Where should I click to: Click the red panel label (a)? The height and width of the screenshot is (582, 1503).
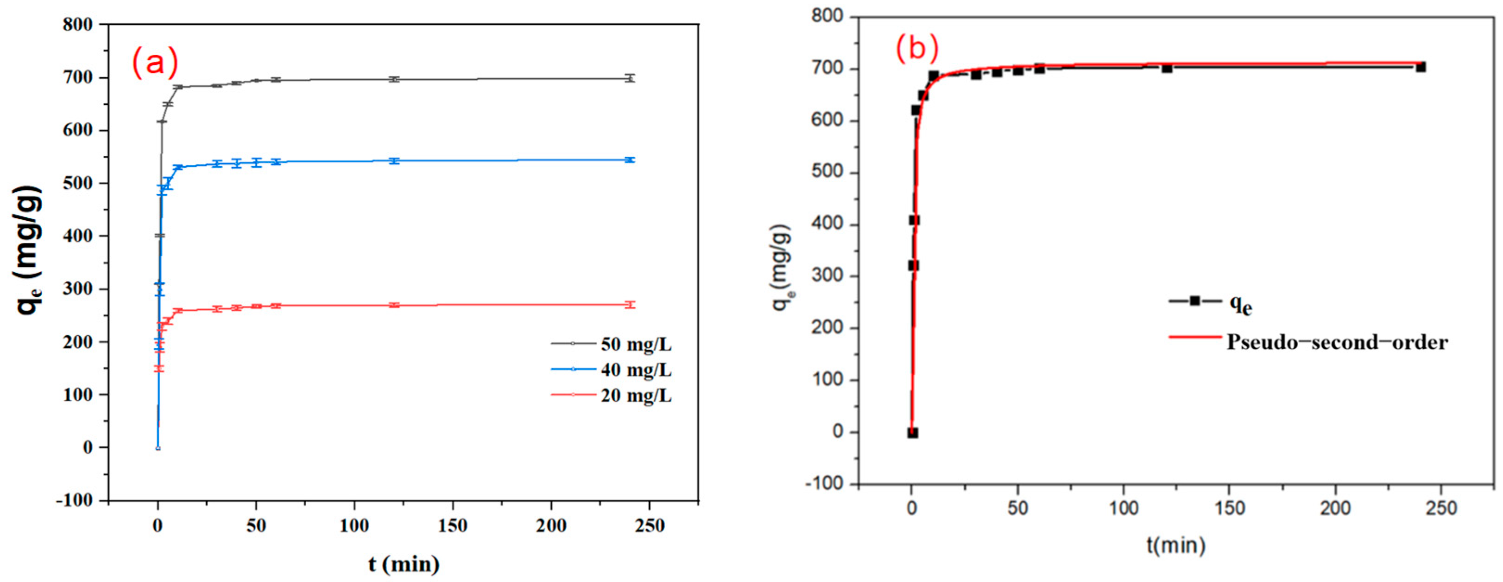[155, 63]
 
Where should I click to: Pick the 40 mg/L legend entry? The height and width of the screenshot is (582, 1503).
[636, 370]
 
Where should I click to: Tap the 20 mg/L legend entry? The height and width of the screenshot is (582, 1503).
[636, 395]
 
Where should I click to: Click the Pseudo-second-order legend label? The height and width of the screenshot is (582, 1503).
[1337, 341]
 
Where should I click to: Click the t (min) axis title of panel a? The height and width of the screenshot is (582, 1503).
[404, 564]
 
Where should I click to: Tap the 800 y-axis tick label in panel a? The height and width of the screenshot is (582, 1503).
[79, 25]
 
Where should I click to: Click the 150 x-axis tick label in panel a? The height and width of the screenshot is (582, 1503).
[453, 526]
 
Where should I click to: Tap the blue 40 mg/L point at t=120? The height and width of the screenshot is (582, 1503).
[394, 160]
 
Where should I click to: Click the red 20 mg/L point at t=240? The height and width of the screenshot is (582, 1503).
[630, 305]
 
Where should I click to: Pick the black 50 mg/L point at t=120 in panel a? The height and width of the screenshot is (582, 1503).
[394, 79]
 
